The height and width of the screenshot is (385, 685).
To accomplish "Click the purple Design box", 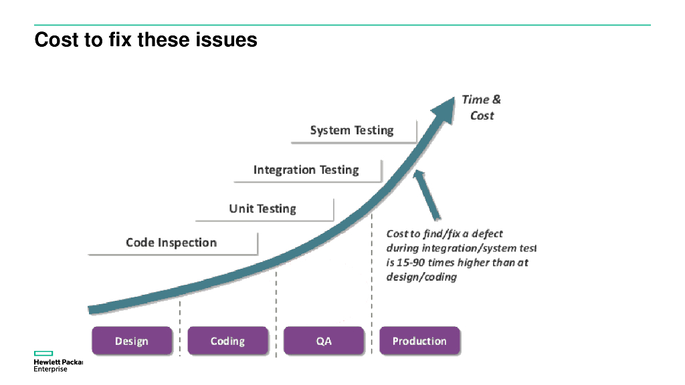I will [132, 341].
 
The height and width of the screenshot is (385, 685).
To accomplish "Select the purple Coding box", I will [227, 341].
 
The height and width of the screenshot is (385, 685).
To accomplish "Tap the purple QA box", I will [324, 341].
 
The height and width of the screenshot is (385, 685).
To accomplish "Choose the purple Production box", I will [419, 341].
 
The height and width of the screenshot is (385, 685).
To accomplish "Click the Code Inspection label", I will [171, 243].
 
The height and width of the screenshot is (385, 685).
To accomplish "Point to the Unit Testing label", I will [262, 209].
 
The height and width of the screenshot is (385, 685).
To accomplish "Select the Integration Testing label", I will [306, 170].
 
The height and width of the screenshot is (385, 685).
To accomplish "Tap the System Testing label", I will [352, 130].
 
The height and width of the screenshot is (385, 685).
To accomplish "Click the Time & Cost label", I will [482, 107].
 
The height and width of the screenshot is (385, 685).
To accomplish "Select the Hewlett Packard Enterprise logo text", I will [58, 365].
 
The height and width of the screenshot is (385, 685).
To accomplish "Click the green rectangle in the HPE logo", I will [43, 353].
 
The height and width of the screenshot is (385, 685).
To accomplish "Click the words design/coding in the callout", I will [421, 277].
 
